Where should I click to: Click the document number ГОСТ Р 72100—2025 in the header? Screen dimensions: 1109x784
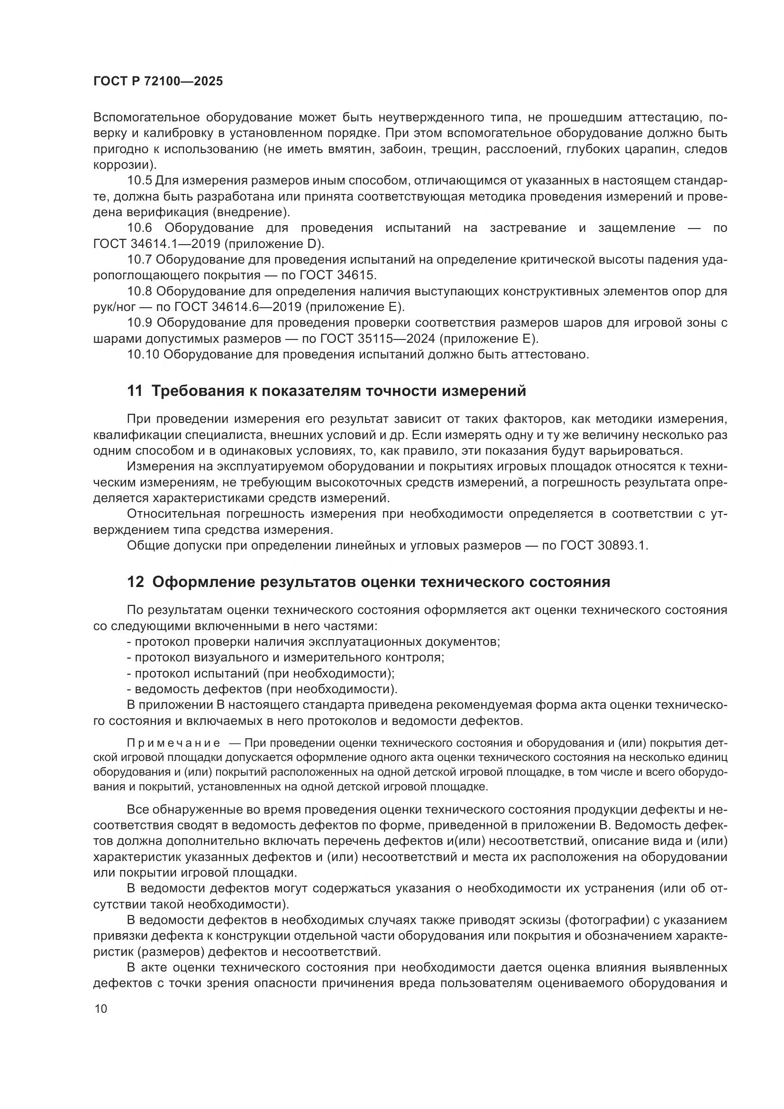tap(158, 81)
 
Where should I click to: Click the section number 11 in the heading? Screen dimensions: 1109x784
tap(135, 391)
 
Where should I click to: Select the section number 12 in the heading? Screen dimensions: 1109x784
tap(135, 582)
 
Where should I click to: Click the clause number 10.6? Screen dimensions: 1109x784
tap(139, 228)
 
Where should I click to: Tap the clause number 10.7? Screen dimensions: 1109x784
tap(139, 260)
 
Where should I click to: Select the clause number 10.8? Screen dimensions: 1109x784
tap(139, 291)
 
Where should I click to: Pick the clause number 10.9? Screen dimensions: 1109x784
tap(139, 323)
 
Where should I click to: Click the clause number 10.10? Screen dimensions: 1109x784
tap(143, 354)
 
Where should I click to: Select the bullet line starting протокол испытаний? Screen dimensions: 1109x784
tap(261, 673)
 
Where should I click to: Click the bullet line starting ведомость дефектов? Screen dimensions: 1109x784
tap(262, 689)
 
